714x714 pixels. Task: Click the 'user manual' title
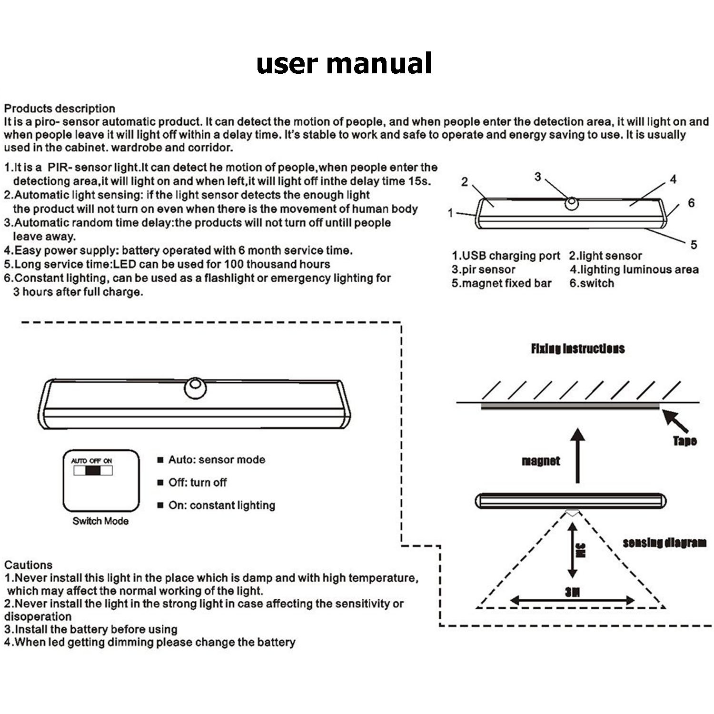[344, 63]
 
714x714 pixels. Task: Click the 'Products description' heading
[59, 109]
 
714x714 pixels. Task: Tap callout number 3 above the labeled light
[537, 177]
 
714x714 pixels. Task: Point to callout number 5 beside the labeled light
[694, 245]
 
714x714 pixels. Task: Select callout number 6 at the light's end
[691, 203]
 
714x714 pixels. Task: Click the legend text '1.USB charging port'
[506, 256]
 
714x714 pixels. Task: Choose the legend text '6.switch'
[592, 283]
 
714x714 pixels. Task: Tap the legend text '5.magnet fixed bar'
[501, 283]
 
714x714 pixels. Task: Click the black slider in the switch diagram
[94, 471]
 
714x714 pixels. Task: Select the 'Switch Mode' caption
[100, 521]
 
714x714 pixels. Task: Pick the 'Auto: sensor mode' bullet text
[217, 460]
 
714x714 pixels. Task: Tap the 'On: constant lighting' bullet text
[222, 506]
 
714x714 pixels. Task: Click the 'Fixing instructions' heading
[577, 349]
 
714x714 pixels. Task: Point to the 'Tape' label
[684, 441]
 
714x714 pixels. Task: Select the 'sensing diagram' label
[664, 543]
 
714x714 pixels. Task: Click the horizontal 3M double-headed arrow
[572, 601]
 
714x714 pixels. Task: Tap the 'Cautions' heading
[28, 565]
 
